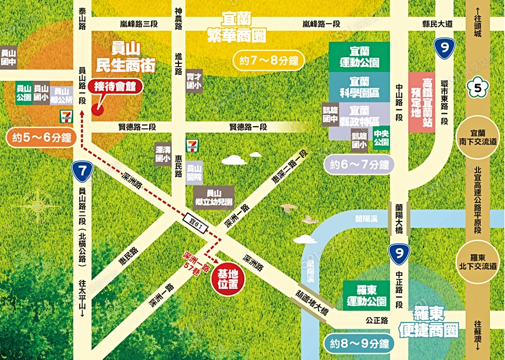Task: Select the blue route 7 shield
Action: pos(82,172)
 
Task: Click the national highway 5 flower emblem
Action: pos(478,87)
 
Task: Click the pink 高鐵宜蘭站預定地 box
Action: pos(421,103)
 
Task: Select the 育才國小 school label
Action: pos(194,81)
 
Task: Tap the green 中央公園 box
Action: pos(382,138)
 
